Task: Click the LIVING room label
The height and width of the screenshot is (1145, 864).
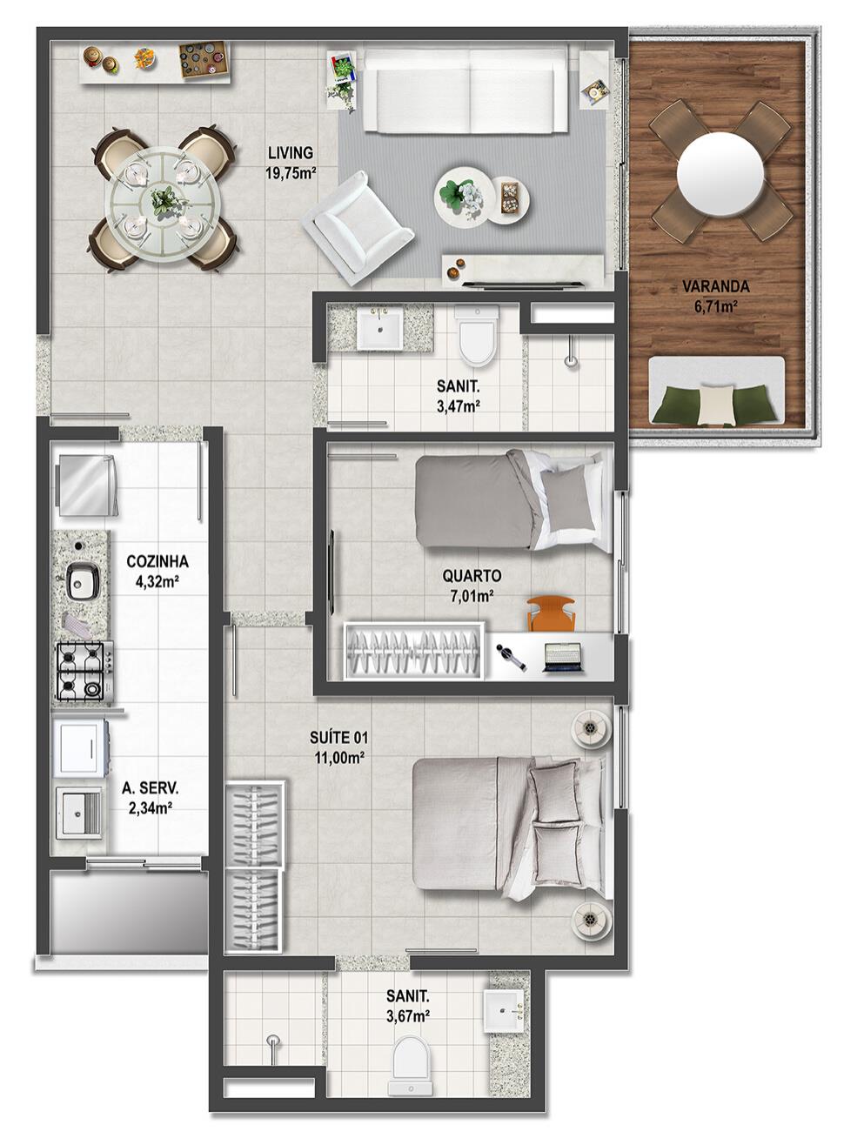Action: pos(291,153)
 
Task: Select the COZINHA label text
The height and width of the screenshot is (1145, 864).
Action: pos(157,562)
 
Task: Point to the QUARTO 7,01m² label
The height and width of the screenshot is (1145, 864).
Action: pos(472,586)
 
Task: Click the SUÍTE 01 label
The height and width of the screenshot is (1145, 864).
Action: pos(338,737)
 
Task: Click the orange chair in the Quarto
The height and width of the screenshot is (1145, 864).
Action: pos(551,614)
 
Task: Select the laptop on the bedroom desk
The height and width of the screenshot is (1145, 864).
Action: pos(563,657)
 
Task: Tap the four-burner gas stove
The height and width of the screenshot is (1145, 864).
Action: pos(84,672)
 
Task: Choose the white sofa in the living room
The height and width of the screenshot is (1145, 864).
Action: pos(465,90)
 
